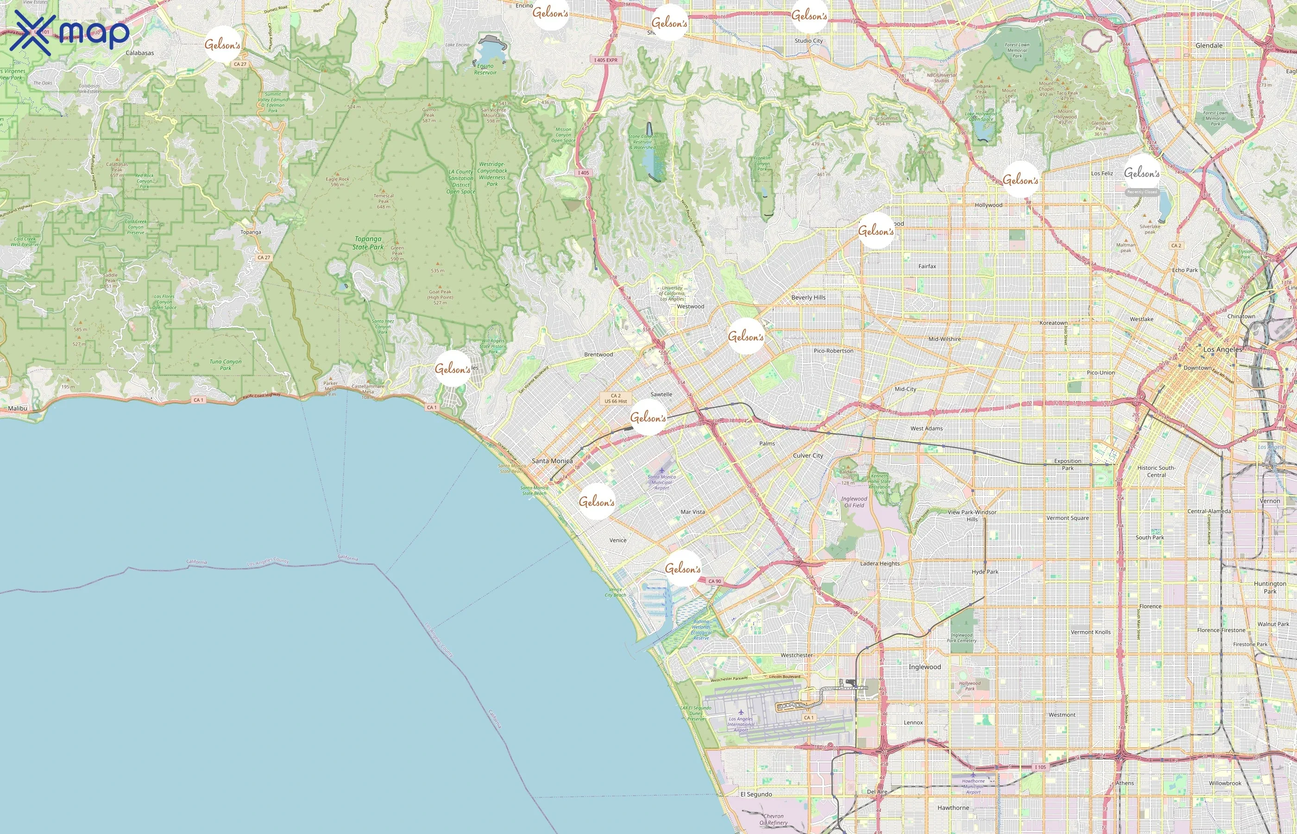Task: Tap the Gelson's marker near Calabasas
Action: [222, 44]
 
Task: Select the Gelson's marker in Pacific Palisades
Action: [453, 369]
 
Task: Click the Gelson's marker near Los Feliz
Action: [1142, 173]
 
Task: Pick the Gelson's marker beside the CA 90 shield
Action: [683, 569]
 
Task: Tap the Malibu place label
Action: [17, 408]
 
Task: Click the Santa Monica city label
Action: [552, 461]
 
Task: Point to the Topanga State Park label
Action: [368, 243]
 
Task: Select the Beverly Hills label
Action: [808, 297]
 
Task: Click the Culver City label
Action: [808, 455]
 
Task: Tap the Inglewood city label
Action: [925, 667]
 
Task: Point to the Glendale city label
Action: [1209, 45]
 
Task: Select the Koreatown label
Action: [1053, 323]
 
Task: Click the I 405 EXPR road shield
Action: [605, 60]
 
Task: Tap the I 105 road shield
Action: [1040, 767]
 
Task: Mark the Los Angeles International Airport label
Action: [741, 725]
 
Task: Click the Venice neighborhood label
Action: [617, 540]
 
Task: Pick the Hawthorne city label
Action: [953, 808]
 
